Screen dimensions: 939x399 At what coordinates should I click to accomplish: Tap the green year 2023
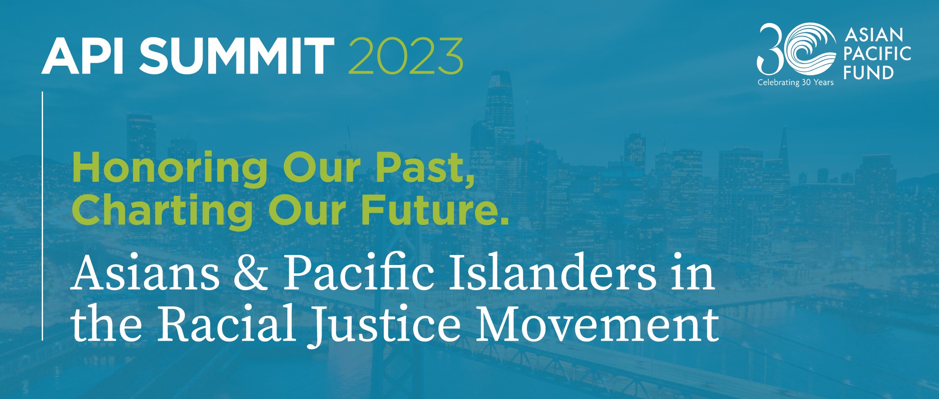405,56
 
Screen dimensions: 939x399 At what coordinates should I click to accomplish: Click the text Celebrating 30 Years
796,82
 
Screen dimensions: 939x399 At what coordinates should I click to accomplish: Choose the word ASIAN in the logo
874,35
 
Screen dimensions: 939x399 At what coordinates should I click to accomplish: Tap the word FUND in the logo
869,73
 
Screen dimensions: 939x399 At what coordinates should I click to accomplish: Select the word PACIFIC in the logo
877,54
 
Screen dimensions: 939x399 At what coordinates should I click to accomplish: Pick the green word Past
425,168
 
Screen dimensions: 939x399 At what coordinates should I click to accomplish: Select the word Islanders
552,273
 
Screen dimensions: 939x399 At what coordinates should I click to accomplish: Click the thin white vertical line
43,216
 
